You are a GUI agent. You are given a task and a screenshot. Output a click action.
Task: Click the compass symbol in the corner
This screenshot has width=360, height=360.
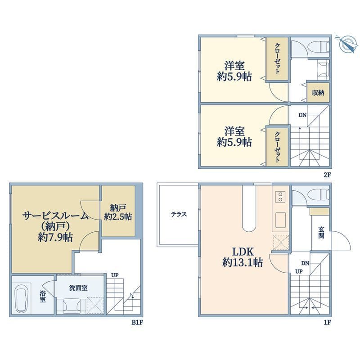tap(346, 45)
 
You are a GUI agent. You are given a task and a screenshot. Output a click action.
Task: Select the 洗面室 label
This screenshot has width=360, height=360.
tap(78, 288)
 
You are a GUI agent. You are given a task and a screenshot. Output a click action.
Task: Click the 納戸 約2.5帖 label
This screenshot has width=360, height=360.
tap(118, 212)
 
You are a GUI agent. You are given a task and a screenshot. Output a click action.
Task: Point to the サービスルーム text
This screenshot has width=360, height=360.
tap(55, 216)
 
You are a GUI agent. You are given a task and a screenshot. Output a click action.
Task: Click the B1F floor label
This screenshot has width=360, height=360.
tap(137, 322)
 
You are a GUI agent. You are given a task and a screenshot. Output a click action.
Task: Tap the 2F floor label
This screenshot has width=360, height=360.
tap(327, 175)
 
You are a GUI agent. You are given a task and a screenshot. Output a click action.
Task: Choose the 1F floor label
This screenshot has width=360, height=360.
tap(328, 322)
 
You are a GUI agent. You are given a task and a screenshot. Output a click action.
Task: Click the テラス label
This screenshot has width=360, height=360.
tap(179, 215)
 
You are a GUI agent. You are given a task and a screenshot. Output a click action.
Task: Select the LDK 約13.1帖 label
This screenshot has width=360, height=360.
tap(243, 257)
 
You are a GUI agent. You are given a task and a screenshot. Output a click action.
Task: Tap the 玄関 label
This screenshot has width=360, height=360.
tap(321, 233)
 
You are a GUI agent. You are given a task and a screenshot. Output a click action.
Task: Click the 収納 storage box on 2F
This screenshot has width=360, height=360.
tap(318, 93)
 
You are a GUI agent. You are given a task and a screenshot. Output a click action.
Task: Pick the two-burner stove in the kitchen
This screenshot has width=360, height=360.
tap(280, 197)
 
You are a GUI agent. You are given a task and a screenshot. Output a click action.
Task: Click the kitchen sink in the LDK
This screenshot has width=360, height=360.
tap(280, 220)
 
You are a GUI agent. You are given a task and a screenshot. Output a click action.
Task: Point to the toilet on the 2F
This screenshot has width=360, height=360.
tap(322, 47)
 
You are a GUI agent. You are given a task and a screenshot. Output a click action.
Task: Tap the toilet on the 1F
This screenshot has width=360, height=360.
tap(322, 194)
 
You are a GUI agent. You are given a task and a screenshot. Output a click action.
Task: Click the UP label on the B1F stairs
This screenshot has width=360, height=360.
tap(115, 275)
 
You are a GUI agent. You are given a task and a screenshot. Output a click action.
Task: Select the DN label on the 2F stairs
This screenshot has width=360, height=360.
tap(302, 115)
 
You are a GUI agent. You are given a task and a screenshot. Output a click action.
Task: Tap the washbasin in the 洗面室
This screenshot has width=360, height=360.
tap(72, 306)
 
